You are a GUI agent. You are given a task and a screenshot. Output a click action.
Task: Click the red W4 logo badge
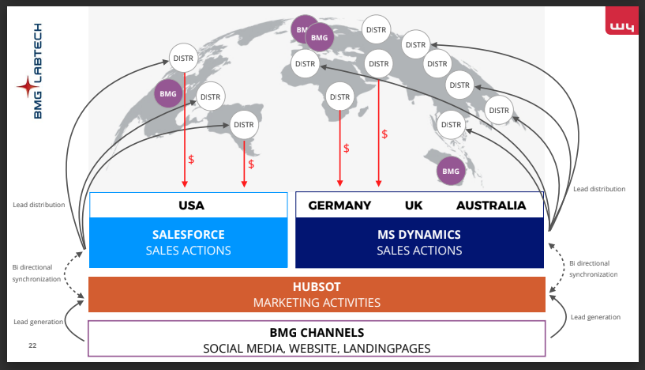coord(621,26)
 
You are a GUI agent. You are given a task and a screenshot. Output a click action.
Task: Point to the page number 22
coord(32,345)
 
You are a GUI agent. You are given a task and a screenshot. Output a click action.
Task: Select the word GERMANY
coord(339,206)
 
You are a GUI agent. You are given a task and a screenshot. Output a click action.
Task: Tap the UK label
coord(414,206)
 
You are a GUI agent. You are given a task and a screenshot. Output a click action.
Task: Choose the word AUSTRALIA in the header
coord(491,206)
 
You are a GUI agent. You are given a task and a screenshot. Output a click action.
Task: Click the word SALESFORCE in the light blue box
coord(188,235)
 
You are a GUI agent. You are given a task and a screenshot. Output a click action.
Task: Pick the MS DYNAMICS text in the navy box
coord(419,235)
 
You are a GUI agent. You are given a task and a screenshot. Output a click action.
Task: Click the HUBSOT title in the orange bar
coord(317,287)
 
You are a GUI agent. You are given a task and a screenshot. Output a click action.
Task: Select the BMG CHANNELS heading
coord(317,333)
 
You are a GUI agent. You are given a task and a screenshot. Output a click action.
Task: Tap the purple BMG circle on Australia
coord(451,171)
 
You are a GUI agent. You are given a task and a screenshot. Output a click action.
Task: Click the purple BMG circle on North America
coord(168,94)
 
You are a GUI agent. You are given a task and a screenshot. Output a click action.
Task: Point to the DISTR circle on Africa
coord(340,97)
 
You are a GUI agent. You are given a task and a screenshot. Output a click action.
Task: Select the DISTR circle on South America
coord(244,125)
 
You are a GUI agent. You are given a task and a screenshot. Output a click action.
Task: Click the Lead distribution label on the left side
coord(39,205)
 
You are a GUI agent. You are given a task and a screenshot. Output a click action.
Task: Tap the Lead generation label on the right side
coord(594,317)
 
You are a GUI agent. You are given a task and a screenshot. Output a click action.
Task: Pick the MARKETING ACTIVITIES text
coord(317,303)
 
